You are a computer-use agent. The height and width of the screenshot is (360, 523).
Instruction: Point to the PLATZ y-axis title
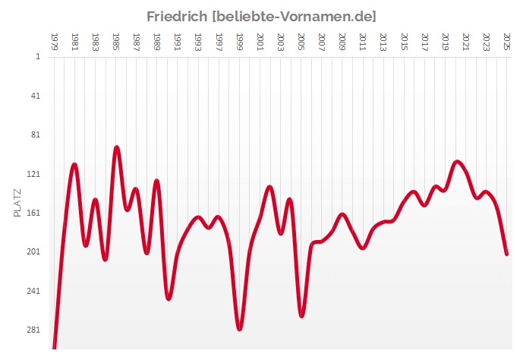point(18,203)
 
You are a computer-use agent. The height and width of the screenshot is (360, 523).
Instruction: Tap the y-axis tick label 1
point(37,56)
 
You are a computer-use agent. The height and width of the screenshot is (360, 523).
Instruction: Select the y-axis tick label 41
point(35,96)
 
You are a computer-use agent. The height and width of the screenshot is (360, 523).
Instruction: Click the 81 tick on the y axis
point(35,134)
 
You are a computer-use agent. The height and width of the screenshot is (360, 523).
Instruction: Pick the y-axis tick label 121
point(33,174)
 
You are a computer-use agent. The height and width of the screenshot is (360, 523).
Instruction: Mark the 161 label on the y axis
point(33,213)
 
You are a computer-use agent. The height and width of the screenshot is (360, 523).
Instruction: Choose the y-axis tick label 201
point(33,252)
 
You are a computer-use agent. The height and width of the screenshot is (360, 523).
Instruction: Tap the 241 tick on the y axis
point(33,291)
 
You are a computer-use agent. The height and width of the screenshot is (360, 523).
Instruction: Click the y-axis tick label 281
point(33,330)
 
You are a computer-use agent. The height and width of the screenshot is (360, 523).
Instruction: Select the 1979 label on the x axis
point(54,40)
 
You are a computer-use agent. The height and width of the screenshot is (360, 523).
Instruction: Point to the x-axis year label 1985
point(116,40)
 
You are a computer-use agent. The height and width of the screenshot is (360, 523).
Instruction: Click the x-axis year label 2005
point(301,40)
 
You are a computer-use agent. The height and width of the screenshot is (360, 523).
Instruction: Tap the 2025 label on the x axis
point(507,40)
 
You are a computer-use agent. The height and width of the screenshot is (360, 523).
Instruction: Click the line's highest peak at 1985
point(116,147)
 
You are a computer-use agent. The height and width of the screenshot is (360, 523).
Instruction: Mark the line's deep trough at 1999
point(240,329)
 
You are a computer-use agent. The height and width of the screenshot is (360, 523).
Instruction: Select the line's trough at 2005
point(301,315)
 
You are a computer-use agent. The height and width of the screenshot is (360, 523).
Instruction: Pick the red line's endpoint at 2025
point(507,254)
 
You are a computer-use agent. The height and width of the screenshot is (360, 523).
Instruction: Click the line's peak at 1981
point(74,164)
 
